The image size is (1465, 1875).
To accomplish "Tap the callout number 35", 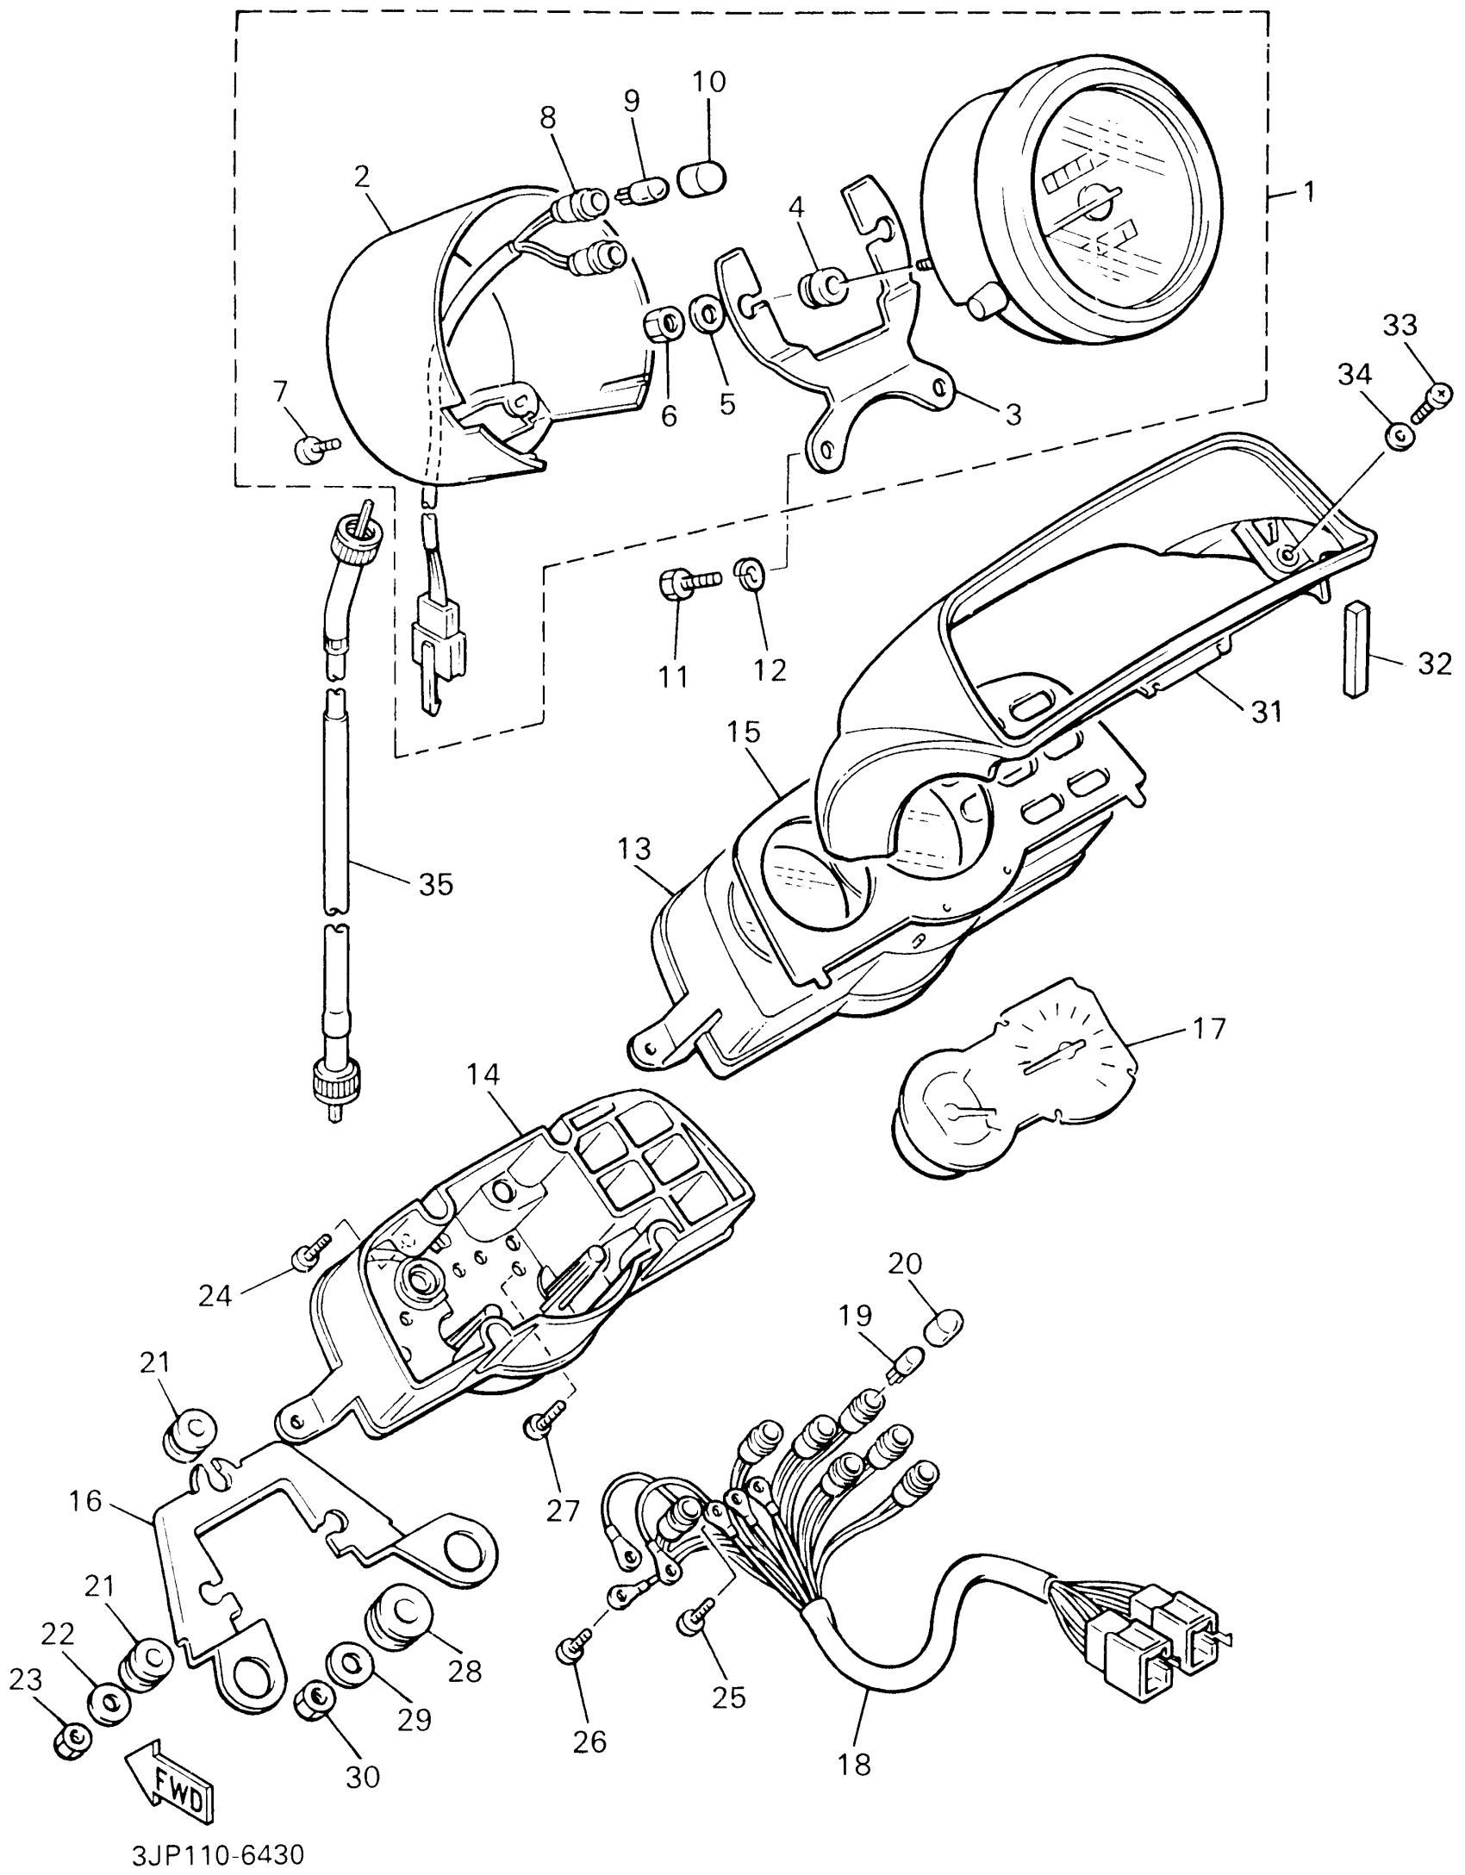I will (x=434, y=883).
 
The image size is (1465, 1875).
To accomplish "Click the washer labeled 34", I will (x=1398, y=435).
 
